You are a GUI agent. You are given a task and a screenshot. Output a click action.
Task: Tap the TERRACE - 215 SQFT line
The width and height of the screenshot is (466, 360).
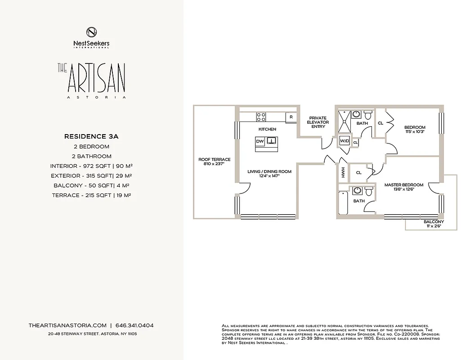pos(91,195)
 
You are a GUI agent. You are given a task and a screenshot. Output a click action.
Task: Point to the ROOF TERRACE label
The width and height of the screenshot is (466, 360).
pos(215,159)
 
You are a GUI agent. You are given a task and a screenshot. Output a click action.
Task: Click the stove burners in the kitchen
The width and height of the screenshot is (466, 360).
pos(261,117)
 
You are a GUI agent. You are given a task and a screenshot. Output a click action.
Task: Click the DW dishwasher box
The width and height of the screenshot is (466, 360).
pos(260,141)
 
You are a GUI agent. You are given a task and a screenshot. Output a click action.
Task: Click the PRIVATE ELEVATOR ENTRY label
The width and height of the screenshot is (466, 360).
pos(318,122)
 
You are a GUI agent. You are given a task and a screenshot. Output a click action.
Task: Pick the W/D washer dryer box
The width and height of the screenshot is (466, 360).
pos(345,141)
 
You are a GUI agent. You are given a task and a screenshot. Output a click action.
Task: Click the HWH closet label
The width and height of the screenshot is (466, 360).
pos(343,172)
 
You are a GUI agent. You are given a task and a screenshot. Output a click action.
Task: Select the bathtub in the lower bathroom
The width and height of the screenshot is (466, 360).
pos(343,203)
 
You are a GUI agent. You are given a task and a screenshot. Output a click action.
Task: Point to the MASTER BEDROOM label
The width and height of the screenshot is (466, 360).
pos(403,185)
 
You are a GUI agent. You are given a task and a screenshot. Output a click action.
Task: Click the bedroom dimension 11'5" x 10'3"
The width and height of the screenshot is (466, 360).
pos(415,132)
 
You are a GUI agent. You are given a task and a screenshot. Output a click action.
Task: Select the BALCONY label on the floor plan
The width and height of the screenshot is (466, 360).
pos(434,222)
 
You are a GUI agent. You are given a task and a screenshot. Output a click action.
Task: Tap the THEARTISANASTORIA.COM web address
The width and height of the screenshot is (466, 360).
pos(67,325)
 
